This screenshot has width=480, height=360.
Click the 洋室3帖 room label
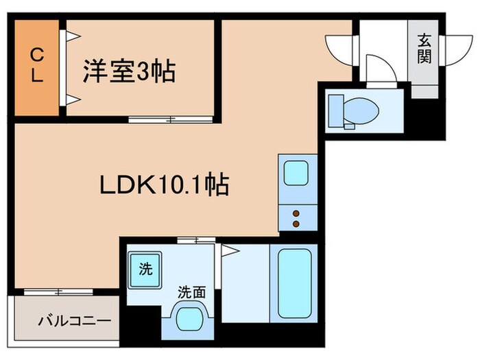(130, 71)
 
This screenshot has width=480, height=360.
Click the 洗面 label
(193, 291)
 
